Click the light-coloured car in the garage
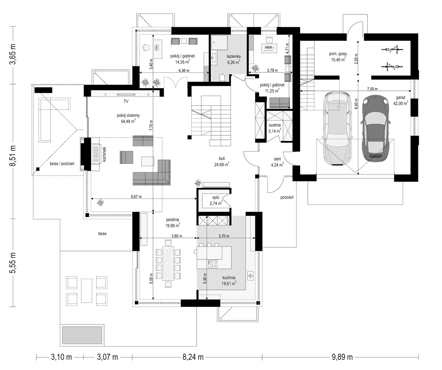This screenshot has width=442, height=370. [338, 128]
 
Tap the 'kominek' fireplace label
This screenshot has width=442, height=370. [104, 154]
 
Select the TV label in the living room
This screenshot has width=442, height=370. [126, 101]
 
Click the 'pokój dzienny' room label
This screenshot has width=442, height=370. [128, 115]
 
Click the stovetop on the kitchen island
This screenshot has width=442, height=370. [213, 264]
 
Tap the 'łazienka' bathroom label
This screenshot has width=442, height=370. [234, 56]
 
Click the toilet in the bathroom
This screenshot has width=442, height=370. [223, 77]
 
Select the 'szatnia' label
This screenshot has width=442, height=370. [274, 125]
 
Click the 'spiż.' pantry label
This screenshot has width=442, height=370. [216, 198]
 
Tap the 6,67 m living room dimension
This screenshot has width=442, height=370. [137, 196]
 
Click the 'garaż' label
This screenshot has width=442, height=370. [400, 98]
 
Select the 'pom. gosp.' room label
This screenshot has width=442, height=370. [338, 53]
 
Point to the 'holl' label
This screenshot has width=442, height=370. [221, 159]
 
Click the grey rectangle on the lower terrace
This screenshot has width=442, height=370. [82, 335]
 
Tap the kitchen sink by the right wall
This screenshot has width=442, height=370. [250, 275]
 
